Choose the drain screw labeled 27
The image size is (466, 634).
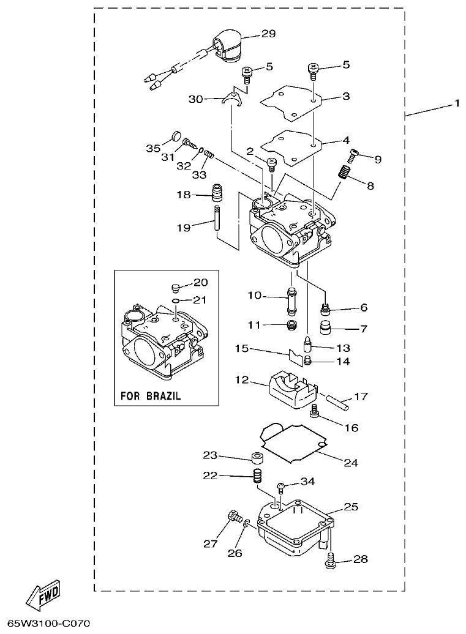tap(233, 518)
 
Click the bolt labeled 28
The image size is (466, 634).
tap(331, 560)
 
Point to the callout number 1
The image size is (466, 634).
tap(457, 105)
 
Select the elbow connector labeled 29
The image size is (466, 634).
tap(227, 48)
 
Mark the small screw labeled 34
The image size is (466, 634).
tap(281, 487)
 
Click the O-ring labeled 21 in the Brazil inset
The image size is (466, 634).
tap(175, 301)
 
